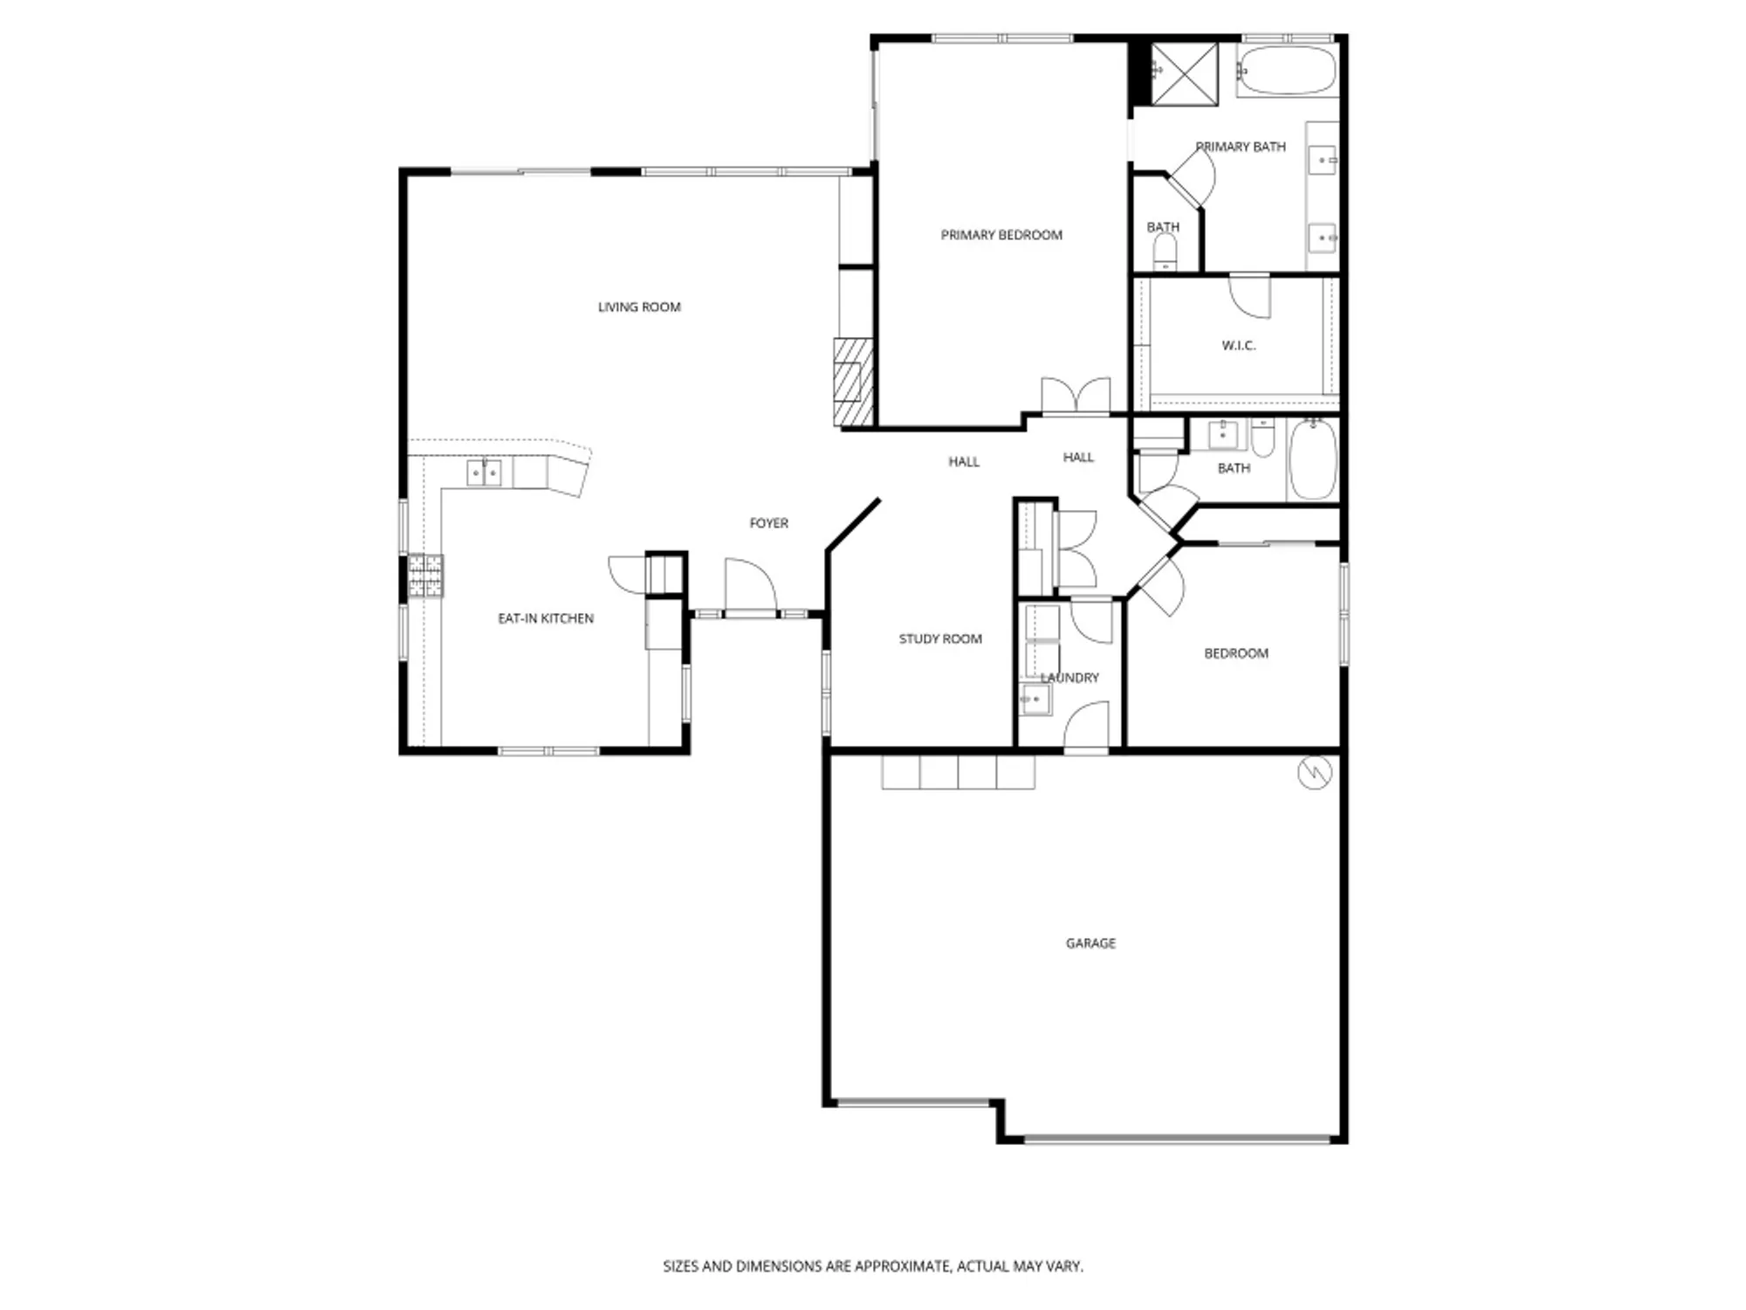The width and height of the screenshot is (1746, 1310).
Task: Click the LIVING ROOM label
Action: (639, 307)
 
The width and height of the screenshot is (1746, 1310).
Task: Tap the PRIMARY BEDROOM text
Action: (1001, 235)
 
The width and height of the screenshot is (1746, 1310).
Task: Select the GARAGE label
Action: (1090, 943)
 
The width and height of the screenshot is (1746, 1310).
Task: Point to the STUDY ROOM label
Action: (940, 639)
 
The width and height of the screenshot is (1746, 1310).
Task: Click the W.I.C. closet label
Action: (1238, 346)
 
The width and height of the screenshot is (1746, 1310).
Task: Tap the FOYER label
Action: (768, 523)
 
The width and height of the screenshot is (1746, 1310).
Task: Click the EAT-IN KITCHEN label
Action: (546, 618)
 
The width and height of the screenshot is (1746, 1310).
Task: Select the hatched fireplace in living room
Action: (853, 383)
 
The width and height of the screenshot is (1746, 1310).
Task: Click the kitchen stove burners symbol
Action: (425, 576)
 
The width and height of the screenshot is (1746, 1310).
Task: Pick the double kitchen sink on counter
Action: (484, 473)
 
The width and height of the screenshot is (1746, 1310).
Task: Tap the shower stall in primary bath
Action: (1184, 73)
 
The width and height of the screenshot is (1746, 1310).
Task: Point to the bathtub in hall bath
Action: (1312, 459)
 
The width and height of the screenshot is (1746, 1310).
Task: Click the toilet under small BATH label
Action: (1165, 254)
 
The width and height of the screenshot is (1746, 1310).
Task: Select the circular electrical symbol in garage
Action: (1314, 773)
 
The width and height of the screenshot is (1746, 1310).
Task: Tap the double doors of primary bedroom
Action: (1076, 396)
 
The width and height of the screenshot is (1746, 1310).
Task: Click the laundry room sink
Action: (1035, 700)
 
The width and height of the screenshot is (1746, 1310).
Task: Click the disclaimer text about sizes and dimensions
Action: (873, 1265)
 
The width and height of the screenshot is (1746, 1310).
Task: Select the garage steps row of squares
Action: (958, 773)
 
